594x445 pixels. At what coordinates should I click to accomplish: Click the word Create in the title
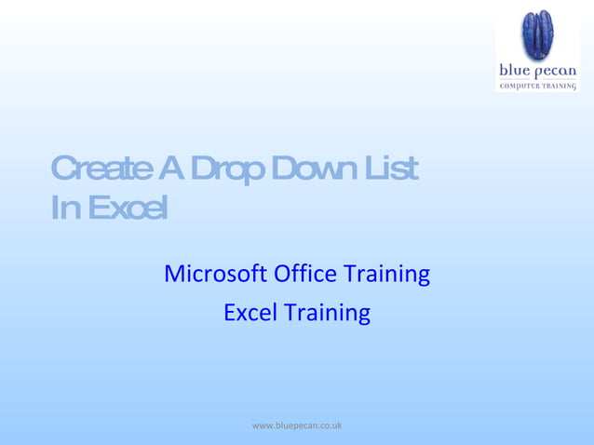pos(101,169)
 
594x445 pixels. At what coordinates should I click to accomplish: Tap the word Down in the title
pos(312,169)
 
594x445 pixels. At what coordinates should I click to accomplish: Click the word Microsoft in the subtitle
pos(215,275)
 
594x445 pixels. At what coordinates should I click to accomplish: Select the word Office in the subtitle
pos(306,275)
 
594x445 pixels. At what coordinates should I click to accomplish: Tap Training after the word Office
pos(387,276)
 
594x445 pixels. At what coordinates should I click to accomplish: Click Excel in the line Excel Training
pos(250,313)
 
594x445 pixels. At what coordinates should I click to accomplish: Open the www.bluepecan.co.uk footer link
pos(297,425)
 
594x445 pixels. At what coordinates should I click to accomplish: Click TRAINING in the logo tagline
pos(560,86)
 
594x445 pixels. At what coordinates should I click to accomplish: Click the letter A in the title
pos(170,169)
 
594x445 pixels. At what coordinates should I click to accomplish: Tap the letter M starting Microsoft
pos(173,275)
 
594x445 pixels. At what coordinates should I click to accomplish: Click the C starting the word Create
pos(61,169)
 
